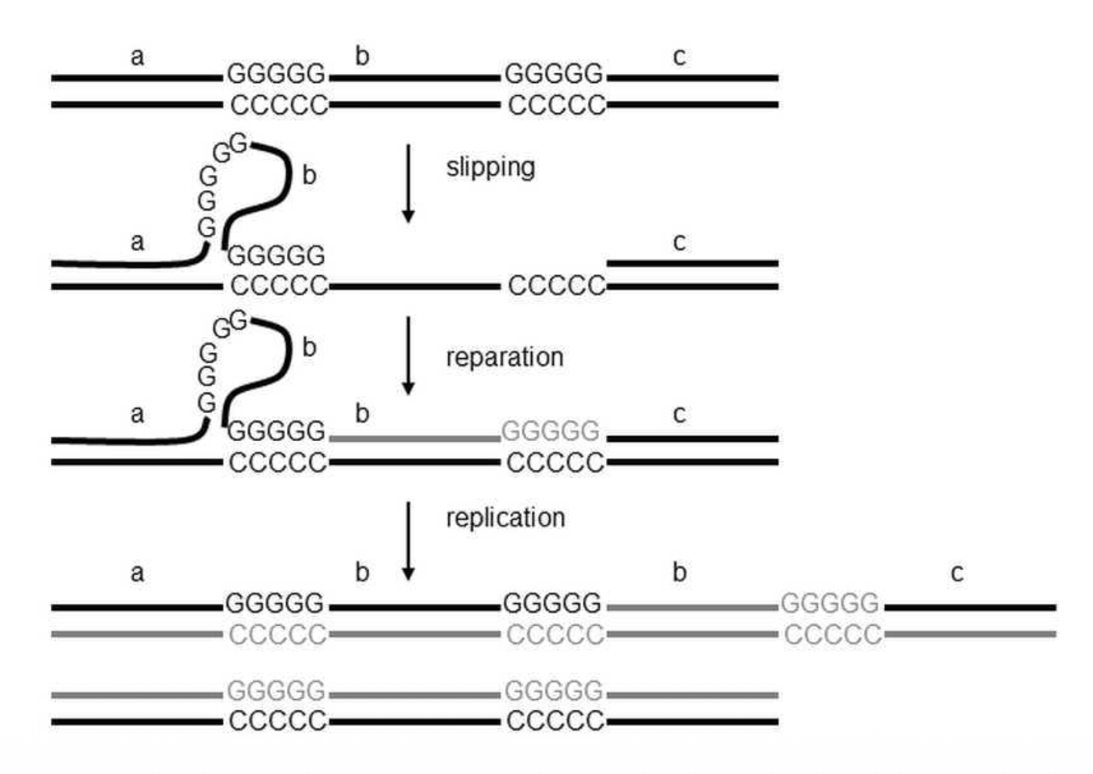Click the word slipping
[x=490, y=167]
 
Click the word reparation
[x=505, y=357]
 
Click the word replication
[x=505, y=518]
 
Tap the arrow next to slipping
[x=408, y=183]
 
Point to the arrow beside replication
[x=408, y=540]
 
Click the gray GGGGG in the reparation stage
[x=551, y=431]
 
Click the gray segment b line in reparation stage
[x=414, y=439]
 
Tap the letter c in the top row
[x=679, y=56]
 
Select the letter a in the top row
[x=137, y=56]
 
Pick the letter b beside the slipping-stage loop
[x=309, y=175]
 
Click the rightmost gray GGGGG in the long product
[x=829, y=603]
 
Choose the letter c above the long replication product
[x=957, y=573]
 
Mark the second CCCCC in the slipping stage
[x=556, y=285]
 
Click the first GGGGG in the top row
[x=276, y=74]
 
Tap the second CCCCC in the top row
[x=556, y=105]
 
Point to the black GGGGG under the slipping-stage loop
[x=276, y=256]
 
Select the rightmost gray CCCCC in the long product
[x=833, y=635]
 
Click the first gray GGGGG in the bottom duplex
[x=276, y=691]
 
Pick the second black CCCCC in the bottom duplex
[x=555, y=721]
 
